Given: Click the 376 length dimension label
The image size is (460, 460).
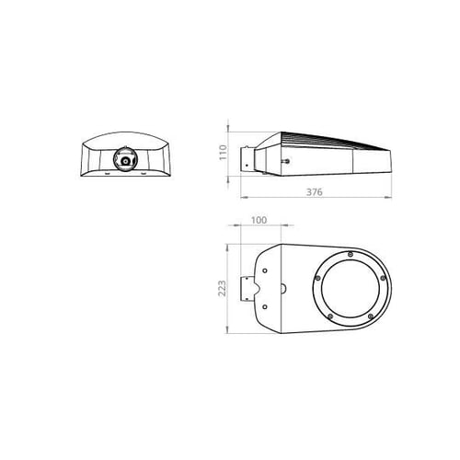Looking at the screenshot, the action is click(x=315, y=192).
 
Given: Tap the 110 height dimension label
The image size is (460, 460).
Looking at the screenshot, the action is click(x=223, y=152).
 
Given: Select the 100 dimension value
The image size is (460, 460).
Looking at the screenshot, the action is click(x=259, y=220).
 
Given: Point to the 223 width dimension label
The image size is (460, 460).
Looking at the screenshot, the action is click(x=222, y=288).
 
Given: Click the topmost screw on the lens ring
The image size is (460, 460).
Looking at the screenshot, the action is click(x=351, y=254).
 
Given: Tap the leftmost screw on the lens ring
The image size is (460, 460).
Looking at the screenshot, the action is click(x=317, y=278).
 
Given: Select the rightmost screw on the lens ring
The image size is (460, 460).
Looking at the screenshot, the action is click(x=383, y=278).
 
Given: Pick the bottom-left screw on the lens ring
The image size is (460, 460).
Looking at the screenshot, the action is click(x=330, y=316).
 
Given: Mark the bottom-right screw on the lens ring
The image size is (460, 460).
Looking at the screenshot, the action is click(x=371, y=316).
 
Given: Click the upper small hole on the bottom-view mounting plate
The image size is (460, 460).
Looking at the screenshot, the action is click(x=265, y=270).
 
